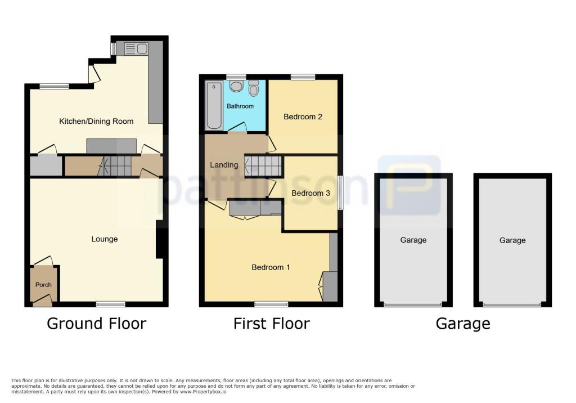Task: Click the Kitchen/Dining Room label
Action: pyautogui.click(x=96, y=121)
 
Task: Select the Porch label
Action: pyautogui.click(x=43, y=285)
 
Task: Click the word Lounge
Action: pyautogui.click(x=105, y=239)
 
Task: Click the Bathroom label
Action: pyautogui.click(x=240, y=106)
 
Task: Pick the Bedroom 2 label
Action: pyautogui.click(x=303, y=117)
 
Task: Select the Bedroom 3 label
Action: pyautogui.click(x=310, y=193)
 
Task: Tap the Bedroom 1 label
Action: pyautogui.click(x=271, y=267)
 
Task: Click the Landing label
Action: pyautogui.click(x=224, y=165)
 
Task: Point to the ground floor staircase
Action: pyautogui.click(x=115, y=166)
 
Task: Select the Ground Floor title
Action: pyautogui.click(x=96, y=324)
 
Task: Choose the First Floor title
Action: pyautogui.click(x=271, y=324)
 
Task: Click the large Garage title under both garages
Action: pyautogui.click(x=462, y=324)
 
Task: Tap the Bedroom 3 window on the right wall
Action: pyautogui.click(x=340, y=193)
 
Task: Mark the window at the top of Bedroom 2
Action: pyautogui.click(x=303, y=77)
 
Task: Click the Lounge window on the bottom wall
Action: pyautogui.click(x=110, y=305)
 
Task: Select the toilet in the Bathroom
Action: pyautogui.click(x=253, y=88)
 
